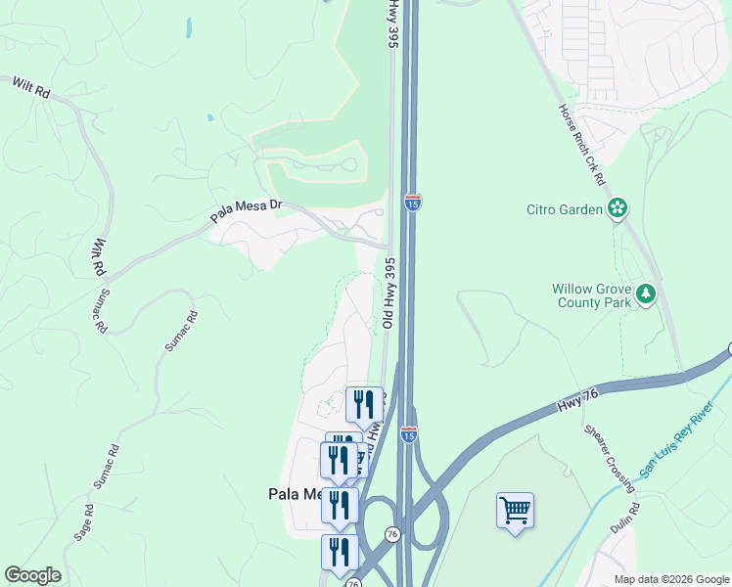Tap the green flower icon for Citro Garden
pos(618,207)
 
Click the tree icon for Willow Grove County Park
pos(645,293)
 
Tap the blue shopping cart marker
pos(515,510)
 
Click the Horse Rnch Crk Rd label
pos(582,147)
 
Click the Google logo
pos(32,575)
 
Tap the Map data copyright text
pos(671,579)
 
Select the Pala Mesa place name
pos(295,494)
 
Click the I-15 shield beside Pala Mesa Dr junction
pos(413,203)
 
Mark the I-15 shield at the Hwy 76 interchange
pos(409,433)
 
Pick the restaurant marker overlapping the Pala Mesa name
pos(340,505)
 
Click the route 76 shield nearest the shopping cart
pos(391,534)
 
